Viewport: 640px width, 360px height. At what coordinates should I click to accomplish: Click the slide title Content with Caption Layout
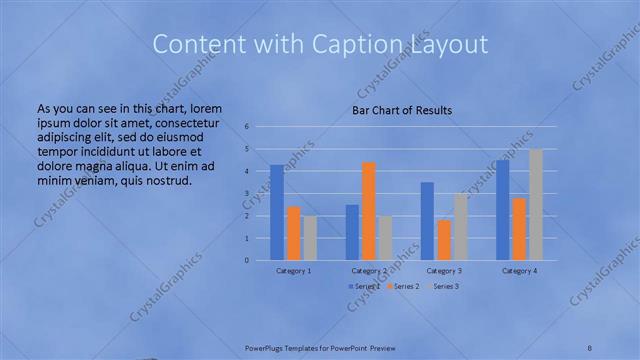[x=320, y=45]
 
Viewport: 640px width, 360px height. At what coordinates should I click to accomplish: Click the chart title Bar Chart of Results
[x=401, y=109]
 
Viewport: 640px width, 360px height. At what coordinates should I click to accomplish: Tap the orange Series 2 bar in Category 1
[x=293, y=233]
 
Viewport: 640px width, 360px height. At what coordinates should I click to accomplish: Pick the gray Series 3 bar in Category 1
[x=310, y=238]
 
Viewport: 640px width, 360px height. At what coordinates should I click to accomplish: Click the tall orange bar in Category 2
[x=369, y=211]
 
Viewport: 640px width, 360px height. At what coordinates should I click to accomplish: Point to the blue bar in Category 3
[x=427, y=221]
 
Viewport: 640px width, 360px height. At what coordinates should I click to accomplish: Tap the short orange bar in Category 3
[x=444, y=240]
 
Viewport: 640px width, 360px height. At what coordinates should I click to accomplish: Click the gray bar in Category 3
[x=460, y=227]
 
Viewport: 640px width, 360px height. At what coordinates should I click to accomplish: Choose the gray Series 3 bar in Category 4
[x=536, y=205]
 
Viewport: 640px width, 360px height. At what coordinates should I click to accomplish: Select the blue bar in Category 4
[x=502, y=210]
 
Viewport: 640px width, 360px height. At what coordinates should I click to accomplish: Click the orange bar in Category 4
[x=519, y=229]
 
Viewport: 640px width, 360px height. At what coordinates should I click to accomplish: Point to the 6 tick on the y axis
[x=247, y=127]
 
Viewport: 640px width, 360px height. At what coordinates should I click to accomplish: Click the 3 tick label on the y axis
[x=247, y=194]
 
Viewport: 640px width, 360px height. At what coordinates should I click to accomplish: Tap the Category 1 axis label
[x=294, y=271]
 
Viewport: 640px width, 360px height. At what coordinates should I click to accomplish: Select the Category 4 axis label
[x=519, y=271]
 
